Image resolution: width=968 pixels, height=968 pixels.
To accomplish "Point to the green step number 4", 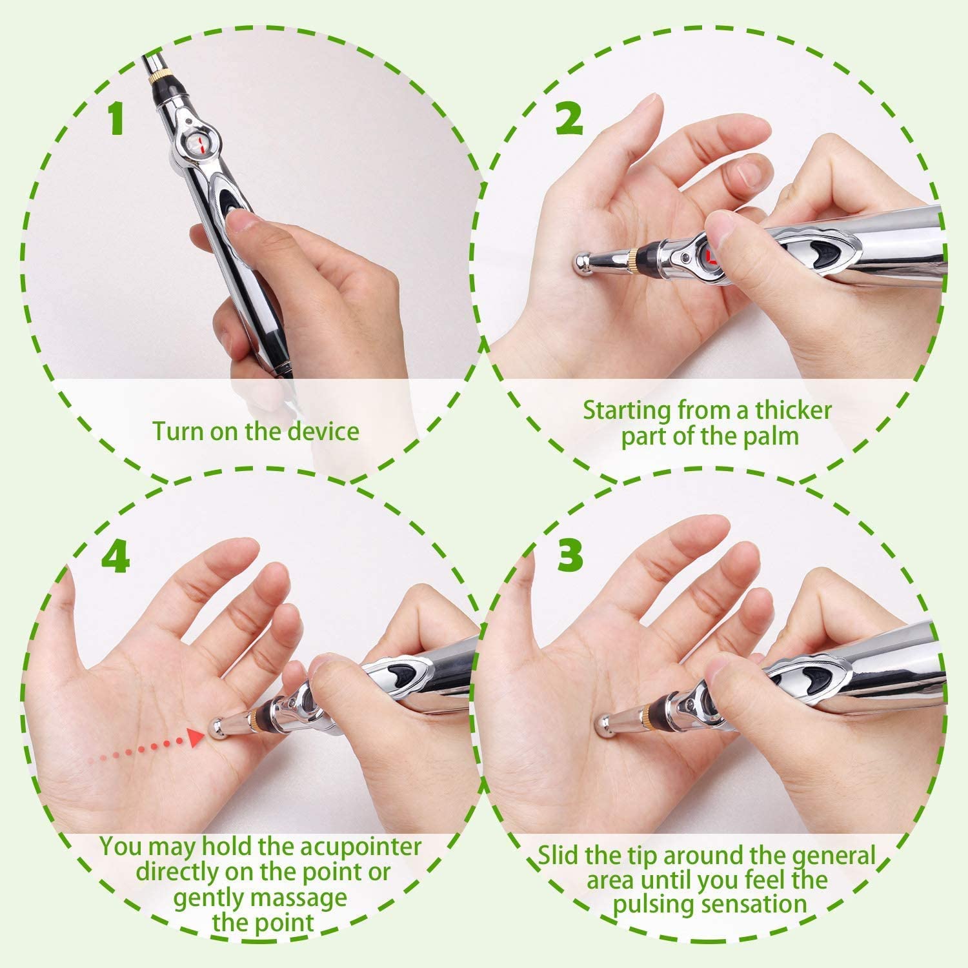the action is click(116, 553).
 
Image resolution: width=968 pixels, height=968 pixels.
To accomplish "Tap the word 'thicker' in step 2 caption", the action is click(793, 410).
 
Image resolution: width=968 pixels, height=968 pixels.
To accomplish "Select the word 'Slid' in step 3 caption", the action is click(559, 856).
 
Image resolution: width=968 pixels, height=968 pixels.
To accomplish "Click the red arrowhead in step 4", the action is click(196, 737).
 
